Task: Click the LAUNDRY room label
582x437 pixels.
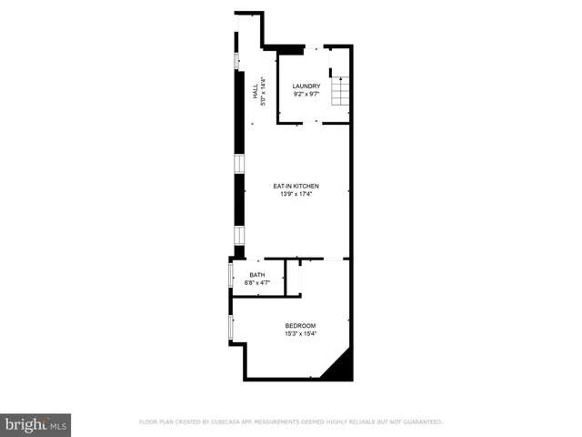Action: [306, 86]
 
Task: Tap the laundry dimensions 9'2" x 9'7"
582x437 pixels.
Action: [306, 95]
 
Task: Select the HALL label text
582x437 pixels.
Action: [256, 92]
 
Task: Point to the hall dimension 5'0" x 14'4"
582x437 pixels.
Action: [264, 92]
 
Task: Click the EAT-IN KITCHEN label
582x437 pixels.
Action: [296, 187]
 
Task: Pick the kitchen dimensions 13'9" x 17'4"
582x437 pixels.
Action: [296, 195]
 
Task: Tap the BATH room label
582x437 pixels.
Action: [257, 275]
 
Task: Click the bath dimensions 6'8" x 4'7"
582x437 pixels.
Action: [257, 283]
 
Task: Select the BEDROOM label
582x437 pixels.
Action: [300, 326]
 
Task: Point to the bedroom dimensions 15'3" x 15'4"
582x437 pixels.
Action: [300, 334]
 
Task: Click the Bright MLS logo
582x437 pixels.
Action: [36, 424]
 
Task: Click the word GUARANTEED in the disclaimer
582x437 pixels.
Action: [420, 422]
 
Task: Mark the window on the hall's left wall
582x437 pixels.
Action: [237, 62]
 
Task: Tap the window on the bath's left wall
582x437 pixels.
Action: [231, 275]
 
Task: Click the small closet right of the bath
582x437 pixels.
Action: [293, 277]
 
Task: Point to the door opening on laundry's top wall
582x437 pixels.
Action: [311, 46]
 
